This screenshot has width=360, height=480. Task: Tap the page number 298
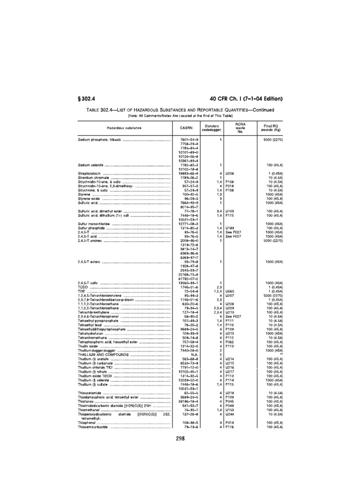click(x=181, y=439)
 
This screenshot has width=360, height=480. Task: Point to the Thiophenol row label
click(x=88, y=422)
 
